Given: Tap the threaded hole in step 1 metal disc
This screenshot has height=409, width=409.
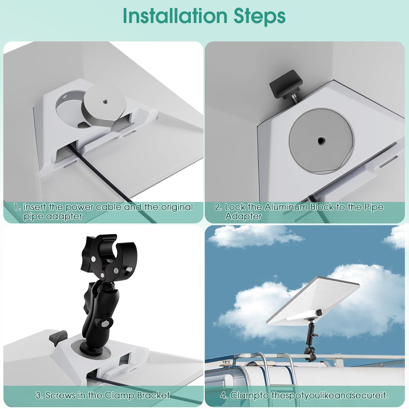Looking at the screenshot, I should coord(105,101).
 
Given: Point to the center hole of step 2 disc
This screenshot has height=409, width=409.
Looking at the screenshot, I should coord(320,140).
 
